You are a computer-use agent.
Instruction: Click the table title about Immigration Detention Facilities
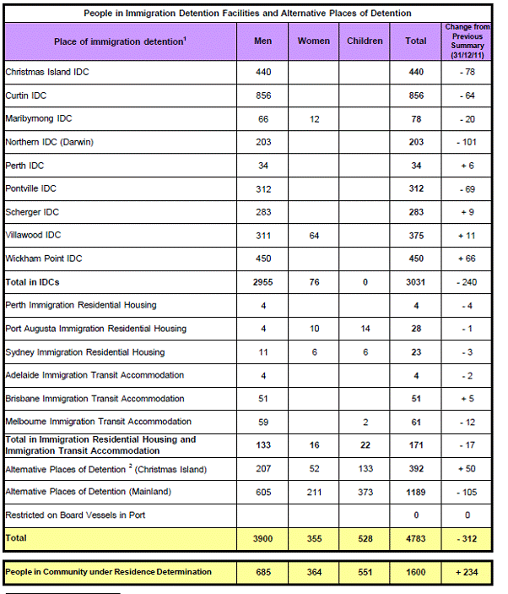pos(249,14)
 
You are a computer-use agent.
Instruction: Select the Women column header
pos(314,41)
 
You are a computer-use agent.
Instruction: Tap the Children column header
pos(365,41)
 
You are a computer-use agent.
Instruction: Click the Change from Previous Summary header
pos(462,41)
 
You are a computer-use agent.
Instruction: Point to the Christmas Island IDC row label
pos(47,73)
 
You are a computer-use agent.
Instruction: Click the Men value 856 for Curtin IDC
pos(263,96)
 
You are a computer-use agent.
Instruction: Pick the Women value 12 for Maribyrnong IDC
pos(314,119)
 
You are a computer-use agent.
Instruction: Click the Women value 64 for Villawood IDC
pos(314,236)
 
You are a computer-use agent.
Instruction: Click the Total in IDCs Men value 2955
pos(263,282)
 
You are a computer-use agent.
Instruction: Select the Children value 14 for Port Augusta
pos(365,329)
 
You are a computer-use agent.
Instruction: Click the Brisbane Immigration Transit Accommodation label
pos(95,398)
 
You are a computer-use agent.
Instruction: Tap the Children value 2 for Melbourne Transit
pos(365,422)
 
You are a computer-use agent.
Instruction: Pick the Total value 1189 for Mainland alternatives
pos(415,491)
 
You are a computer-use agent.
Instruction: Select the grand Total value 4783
pos(415,537)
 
